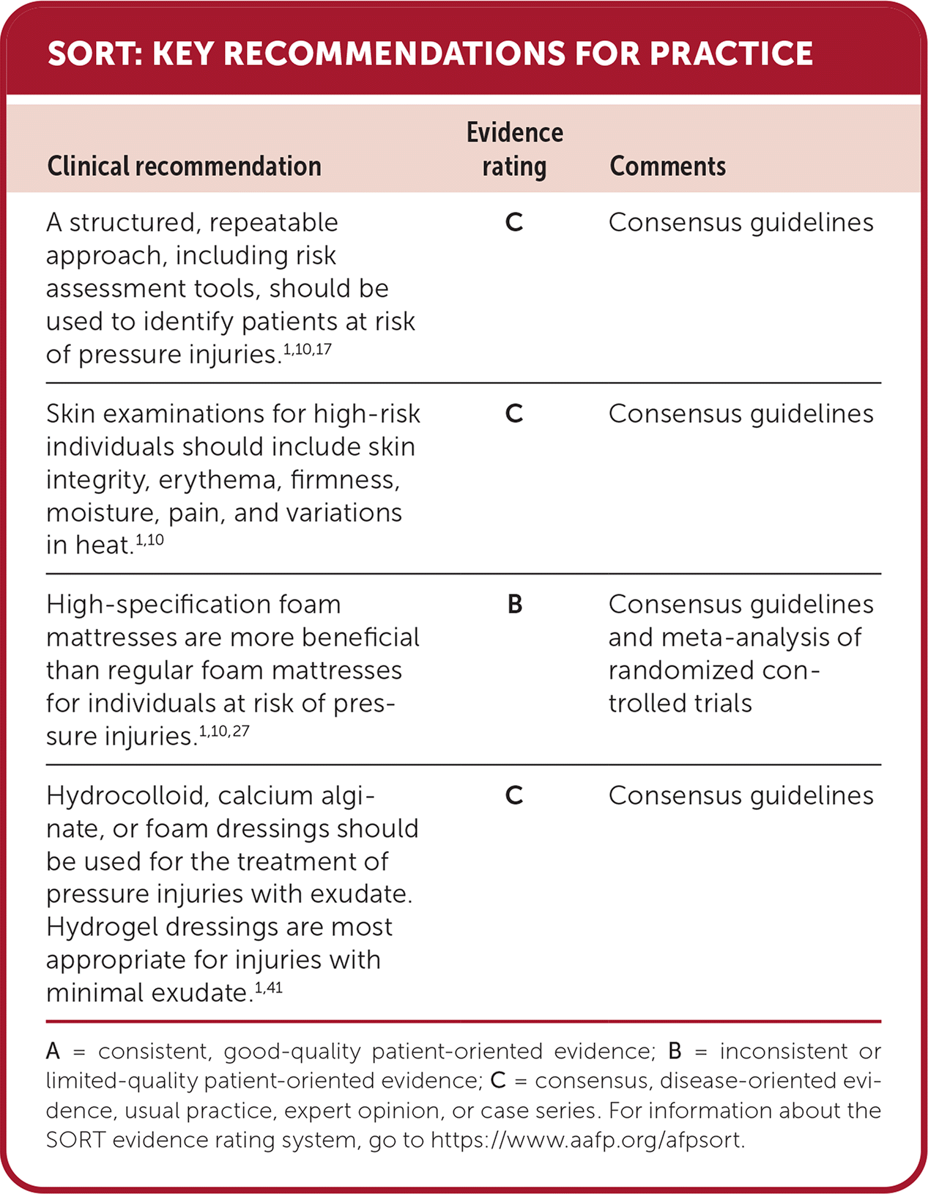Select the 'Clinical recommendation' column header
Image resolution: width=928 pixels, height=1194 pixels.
(x=184, y=166)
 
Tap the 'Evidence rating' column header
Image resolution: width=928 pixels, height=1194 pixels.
(x=514, y=150)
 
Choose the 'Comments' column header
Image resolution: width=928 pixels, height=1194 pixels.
(x=667, y=166)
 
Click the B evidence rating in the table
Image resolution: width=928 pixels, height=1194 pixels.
(x=514, y=605)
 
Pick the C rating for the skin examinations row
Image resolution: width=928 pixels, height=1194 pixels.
(x=514, y=414)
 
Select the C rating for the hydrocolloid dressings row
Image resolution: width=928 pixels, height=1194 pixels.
(x=514, y=796)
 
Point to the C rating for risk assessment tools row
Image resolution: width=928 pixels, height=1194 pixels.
(x=514, y=223)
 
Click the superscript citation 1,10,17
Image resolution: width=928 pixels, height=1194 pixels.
(x=308, y=350)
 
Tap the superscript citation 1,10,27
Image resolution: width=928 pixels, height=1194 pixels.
(x=224, y=731)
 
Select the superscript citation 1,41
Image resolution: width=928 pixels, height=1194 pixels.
(x=268, y=988)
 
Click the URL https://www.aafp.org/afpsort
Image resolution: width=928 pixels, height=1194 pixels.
(x=587, y=1140)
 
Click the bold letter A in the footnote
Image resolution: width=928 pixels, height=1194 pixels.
(x=53, y=1052)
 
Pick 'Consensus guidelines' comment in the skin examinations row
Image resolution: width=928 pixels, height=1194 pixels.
(x=740, y=414)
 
